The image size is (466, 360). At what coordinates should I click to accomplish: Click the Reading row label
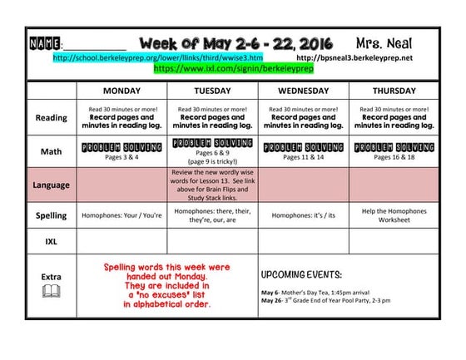pyautogui.click(x=51, y=118)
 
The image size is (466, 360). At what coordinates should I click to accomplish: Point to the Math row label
pyautogui.click(x=51, y=151)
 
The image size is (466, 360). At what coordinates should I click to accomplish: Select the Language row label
pyautogui.click(x=51, y=185)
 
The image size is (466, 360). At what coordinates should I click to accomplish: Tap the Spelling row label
pyautogui.click(x=51, y=215)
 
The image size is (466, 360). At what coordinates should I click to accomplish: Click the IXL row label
pyautogui.click(x=51, y=240)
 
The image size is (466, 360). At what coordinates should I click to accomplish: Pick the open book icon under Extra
pyautogui.click(x=51, y=290)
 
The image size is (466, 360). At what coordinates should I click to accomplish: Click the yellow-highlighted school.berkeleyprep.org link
pyautogui.click(x=157, y=58)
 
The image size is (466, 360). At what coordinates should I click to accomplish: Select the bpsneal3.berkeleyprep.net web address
pyautogui.click(x=354, y=58)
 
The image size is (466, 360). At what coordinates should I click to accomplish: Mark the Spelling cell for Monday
pyautogui.click(x=121, y=215)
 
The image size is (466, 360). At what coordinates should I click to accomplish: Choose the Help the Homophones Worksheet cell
pyautogui.click(x=394, y=215)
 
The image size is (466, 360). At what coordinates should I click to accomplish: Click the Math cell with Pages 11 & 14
pyautogui.click(x=303, y=150)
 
